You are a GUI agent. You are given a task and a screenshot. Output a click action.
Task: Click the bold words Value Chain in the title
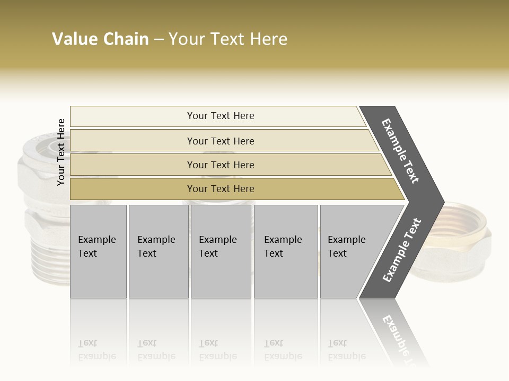[x=100, y=39]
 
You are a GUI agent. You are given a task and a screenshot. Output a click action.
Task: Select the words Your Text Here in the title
[x=228, y=39]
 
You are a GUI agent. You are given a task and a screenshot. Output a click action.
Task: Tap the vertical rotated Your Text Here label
[x=61, y=152]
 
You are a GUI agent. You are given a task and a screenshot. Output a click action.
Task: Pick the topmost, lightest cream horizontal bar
[x=220, y=116]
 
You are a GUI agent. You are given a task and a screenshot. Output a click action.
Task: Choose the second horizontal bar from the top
[x=220, y=141]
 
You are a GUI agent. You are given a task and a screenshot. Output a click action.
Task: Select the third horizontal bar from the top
[x=220, y=165]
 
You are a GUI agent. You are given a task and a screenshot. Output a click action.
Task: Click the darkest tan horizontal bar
[x=220, y=189]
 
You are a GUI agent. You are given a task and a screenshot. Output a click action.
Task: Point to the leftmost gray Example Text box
[x=98, y=251]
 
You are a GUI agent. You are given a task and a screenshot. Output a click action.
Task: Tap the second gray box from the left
[x=158, y=251]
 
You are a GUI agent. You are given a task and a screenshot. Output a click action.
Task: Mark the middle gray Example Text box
[x=221, y=251]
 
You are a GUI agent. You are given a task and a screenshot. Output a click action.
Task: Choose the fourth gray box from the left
[x=285, y=251]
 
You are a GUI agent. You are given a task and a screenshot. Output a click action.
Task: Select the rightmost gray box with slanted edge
[x=350, y=251]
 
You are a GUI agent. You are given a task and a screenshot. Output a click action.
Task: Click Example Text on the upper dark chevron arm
[x=400, y=151]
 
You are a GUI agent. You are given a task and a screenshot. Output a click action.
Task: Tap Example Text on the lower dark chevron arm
[x=402, y=250]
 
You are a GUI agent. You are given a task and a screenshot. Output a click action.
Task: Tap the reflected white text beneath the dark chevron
[x=399, y=339]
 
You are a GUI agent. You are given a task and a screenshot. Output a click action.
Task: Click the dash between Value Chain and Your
[x=159, y=40]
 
